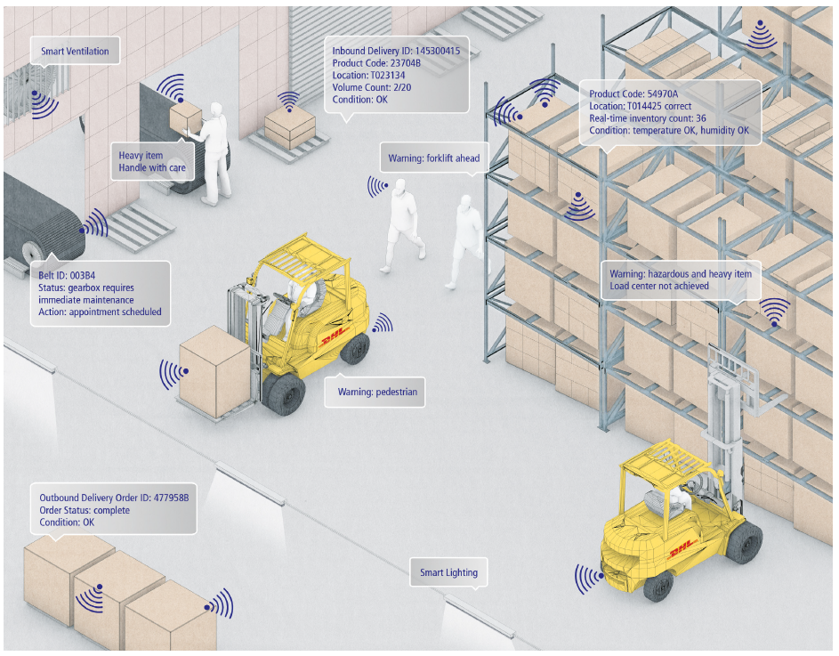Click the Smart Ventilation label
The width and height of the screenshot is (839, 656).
pyautogui.click(x=75, y=52)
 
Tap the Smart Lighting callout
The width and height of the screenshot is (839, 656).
pyautogui.click(x=448, y=572)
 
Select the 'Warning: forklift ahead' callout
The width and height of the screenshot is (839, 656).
pyautogui.click(x=433, y=158)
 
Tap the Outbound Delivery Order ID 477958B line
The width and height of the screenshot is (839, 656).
pyautogui.click(x=114, y=498)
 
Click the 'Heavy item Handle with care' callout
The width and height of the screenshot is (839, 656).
pyautogui.click(x=152, y=161)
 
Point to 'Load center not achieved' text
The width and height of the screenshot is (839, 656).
pyautogui.click(x=659, y=286)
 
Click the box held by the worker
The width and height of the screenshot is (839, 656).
pyautogui.click(x=186, y=115)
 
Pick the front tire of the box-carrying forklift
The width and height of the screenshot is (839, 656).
pyautogui.click(x=284, y=394)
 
